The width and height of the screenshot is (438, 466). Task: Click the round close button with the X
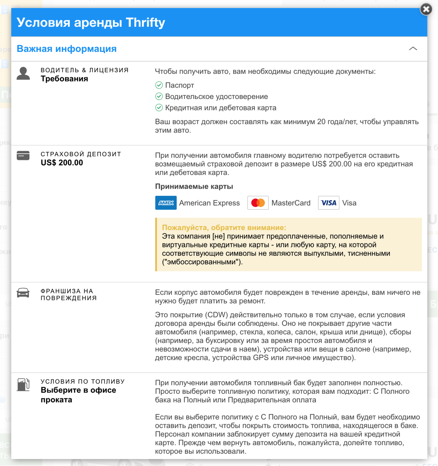click(x=426, y=9)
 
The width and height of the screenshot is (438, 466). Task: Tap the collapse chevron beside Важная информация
click(x=413, y=49)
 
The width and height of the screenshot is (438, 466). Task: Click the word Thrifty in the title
click(x=145, y=22)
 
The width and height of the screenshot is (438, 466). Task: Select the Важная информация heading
click(x=66, y=49)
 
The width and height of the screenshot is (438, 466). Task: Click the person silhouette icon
click(x=23, y=73)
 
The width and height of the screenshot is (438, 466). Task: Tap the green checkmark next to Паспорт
click(x=159, y=85)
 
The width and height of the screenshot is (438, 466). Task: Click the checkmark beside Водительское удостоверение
click(x=159, y=96)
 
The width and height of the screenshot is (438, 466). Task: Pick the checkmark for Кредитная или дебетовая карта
click(x=159, y=108)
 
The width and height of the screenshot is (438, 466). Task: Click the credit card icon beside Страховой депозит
click(x=23, y=156)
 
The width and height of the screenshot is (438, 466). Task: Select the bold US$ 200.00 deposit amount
click(x=62, y=163)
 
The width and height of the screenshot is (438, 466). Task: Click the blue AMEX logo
click(x=166, y=203)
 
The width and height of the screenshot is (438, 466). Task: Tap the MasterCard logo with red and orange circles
click(x=258, y=203)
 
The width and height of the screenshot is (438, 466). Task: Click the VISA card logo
click(x=328, y=203)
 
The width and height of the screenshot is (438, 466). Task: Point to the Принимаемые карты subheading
click(x=194, y=186)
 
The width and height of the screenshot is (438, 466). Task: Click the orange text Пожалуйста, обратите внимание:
click(x=224, y=227)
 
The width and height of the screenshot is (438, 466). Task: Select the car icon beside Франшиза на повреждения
click(x=23, y=293)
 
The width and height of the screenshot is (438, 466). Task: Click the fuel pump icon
click(x=23, y=385)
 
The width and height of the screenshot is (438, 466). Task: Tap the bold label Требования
click(x=64, y=79)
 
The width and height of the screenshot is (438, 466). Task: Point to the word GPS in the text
click(x=261, y=358)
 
